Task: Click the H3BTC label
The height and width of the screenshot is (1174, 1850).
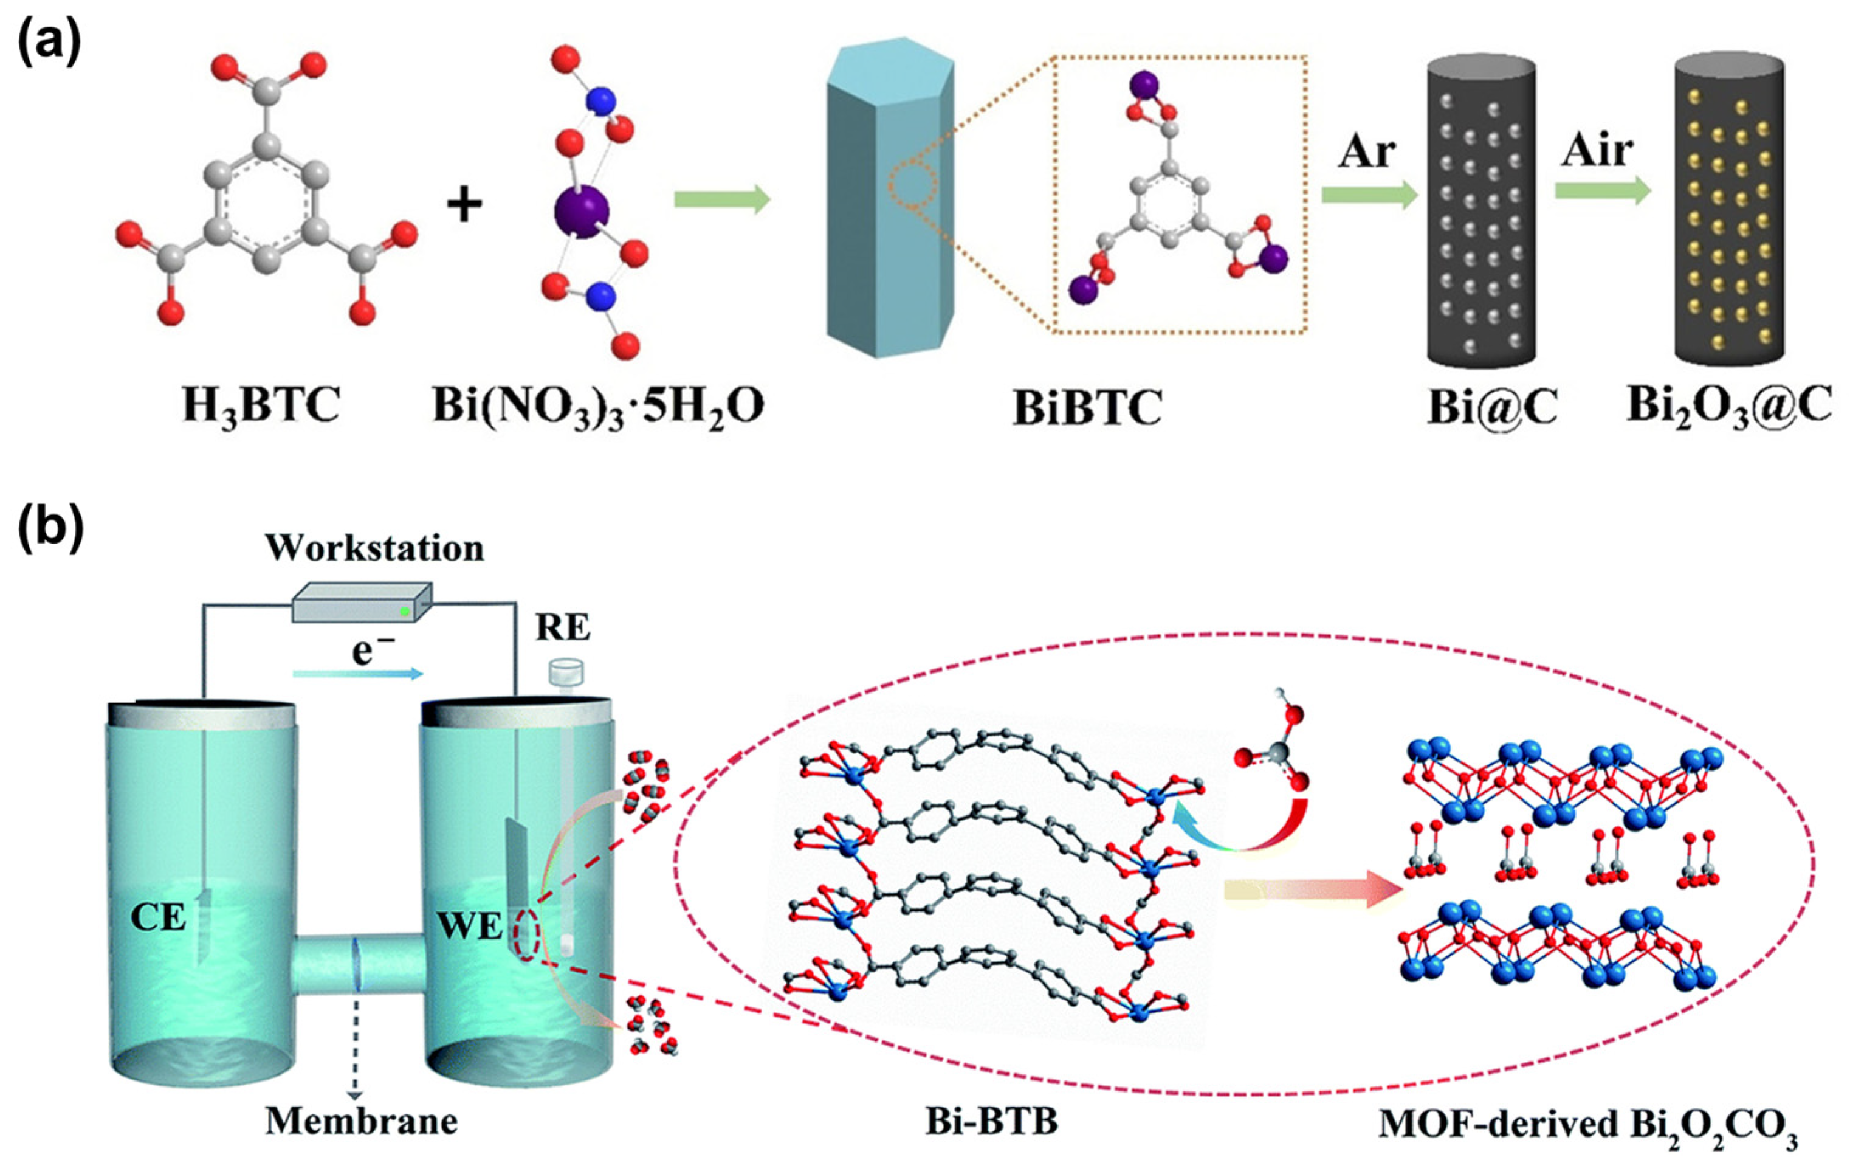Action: (261, 407)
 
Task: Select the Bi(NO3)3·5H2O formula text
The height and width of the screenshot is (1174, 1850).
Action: (597, 407)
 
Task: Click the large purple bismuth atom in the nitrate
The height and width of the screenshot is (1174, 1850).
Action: (581, 209)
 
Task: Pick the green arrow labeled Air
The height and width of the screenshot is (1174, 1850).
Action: (1603, 190)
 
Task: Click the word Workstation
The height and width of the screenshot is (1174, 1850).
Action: (375, 548)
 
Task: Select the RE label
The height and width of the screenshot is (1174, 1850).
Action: (563, 629)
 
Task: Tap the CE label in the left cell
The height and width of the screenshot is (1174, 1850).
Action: (158, 917)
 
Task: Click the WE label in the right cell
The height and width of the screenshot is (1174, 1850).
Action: (469, 927)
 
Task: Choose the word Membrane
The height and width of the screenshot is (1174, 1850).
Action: (361, 1122)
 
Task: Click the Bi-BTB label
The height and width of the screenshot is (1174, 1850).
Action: (991, 1122)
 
